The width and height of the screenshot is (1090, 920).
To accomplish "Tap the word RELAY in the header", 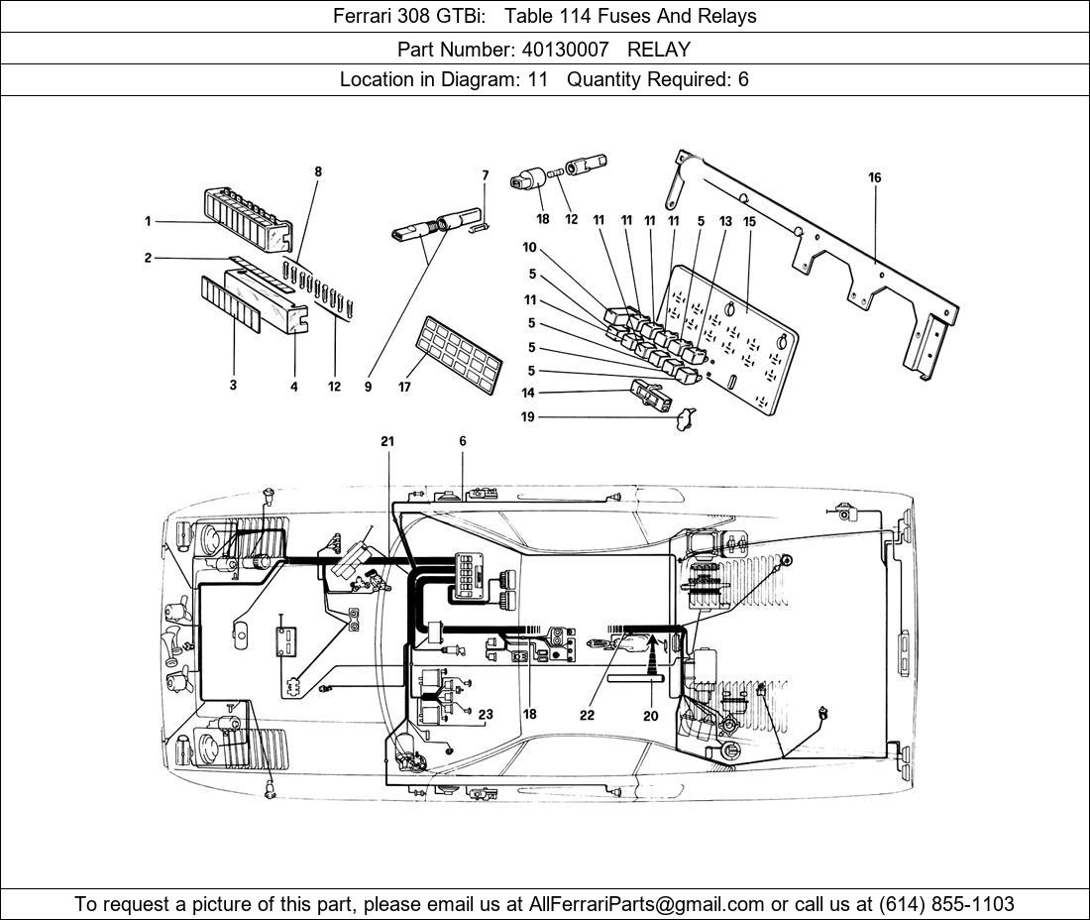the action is click(659, 49).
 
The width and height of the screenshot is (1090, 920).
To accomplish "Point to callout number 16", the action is click(874, 178).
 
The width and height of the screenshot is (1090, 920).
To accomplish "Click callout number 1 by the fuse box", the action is click(148, 221).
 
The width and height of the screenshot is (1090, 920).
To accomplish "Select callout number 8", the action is click(318, 172).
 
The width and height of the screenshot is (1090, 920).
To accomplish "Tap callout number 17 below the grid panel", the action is click(404, 388).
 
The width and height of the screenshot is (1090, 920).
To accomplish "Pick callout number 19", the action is click(528, 417).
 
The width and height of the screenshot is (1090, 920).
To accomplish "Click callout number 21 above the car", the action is click(386, 441).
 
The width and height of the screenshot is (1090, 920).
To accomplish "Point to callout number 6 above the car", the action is click(462, 441).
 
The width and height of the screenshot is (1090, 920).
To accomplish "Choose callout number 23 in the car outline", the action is click(486, 714).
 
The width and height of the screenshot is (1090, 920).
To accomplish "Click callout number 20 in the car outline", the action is click(651, 714).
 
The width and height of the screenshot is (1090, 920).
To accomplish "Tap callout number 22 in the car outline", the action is click(587, 714).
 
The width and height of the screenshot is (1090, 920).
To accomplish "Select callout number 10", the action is click(529, 247).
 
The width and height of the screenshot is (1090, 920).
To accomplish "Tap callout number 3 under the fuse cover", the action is click(234, 386).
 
